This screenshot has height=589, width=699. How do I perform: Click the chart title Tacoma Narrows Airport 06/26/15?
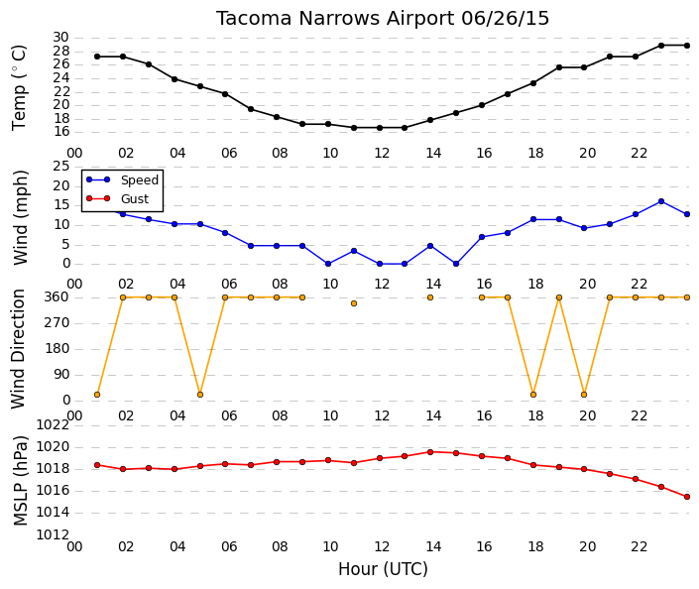(383, 18)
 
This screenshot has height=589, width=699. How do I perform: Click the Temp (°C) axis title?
(19, 88)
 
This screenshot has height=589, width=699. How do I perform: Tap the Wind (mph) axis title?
(21, 217)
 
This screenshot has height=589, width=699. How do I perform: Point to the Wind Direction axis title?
(18, 349)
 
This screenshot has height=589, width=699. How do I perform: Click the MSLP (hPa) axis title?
(21, 481)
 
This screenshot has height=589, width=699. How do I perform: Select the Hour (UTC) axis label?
(383, 569)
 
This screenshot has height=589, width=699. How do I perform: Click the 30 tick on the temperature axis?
(61, 38)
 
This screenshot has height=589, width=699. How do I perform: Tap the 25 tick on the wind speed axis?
(61, 167)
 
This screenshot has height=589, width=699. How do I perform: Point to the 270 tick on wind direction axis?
(58, 323)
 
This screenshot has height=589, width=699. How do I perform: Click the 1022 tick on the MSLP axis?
(53, 424)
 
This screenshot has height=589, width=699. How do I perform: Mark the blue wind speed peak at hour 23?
(661, 201)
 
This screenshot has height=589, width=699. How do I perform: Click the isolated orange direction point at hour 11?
(354, 303)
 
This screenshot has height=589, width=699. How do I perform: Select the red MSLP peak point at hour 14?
(430, 452)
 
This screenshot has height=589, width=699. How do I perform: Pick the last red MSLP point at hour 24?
(687, 497)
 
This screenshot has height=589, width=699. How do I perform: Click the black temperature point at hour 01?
(97, 57)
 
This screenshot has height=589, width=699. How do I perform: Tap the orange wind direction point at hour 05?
(200, 395)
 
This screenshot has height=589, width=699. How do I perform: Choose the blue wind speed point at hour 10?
(328, 264)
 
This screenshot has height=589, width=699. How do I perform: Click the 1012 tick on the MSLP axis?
(53, 534)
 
